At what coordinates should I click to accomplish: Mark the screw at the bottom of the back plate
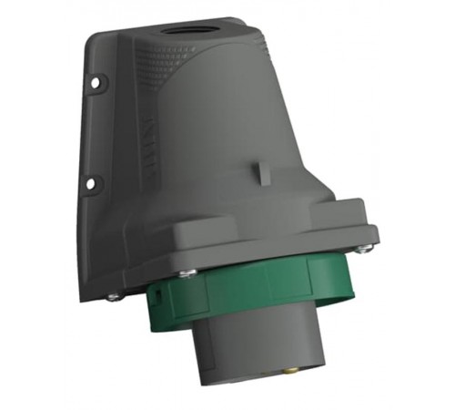click(x=112, y=295)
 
